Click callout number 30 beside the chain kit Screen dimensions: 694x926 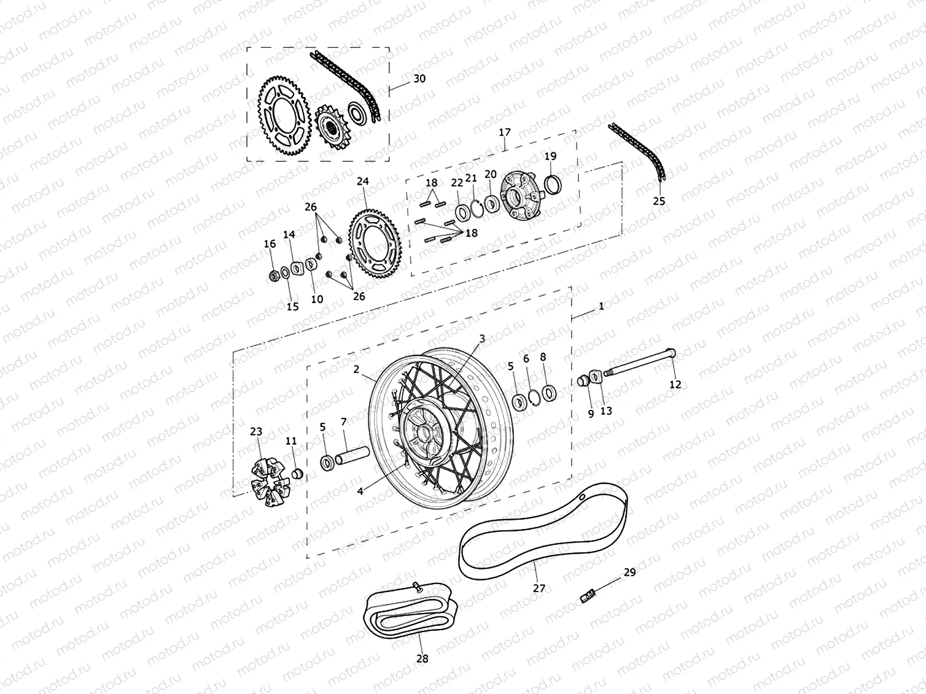pyautogui.click(x=419, y=79)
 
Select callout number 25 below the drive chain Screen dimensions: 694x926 pyautogui.click(x=659, y=201)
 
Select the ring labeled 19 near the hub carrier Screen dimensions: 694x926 pyautogui.click(x=552, y=183)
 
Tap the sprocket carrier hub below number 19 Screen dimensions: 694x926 pyautogui.click(x=521, y=196)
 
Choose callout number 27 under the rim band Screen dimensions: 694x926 pyautogui.click(x=539, y=588)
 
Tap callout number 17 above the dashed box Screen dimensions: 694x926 pyautogui.click(x=504, y=132)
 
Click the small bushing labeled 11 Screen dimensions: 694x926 pyautogui.click(x=296, y=473)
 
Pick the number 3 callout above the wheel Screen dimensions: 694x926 pyautogui.click(x=482, y=338)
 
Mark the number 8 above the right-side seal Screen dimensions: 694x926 pyautogui.click(x=543, y=357)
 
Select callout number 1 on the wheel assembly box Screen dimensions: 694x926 pyautogui.click(x=601, y=306)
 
